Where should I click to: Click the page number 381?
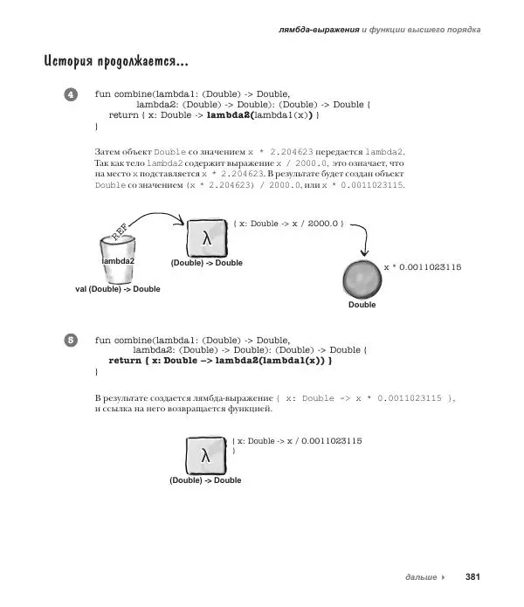(x=472, y=576)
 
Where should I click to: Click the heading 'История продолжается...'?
(x=114, y=63)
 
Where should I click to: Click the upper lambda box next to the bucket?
(x=206, y=238)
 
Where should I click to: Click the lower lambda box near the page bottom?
(x=205, y=456)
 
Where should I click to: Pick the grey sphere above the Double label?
(x=362, y=279)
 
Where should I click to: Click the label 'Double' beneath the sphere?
(x=362, y=305)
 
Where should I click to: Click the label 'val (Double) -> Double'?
(x=118, y=288)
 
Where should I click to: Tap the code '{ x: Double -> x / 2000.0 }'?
(x=289, y=224)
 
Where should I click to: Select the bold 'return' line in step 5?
(x=220, y=360)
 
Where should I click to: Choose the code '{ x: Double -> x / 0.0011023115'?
(x=297, y=441)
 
